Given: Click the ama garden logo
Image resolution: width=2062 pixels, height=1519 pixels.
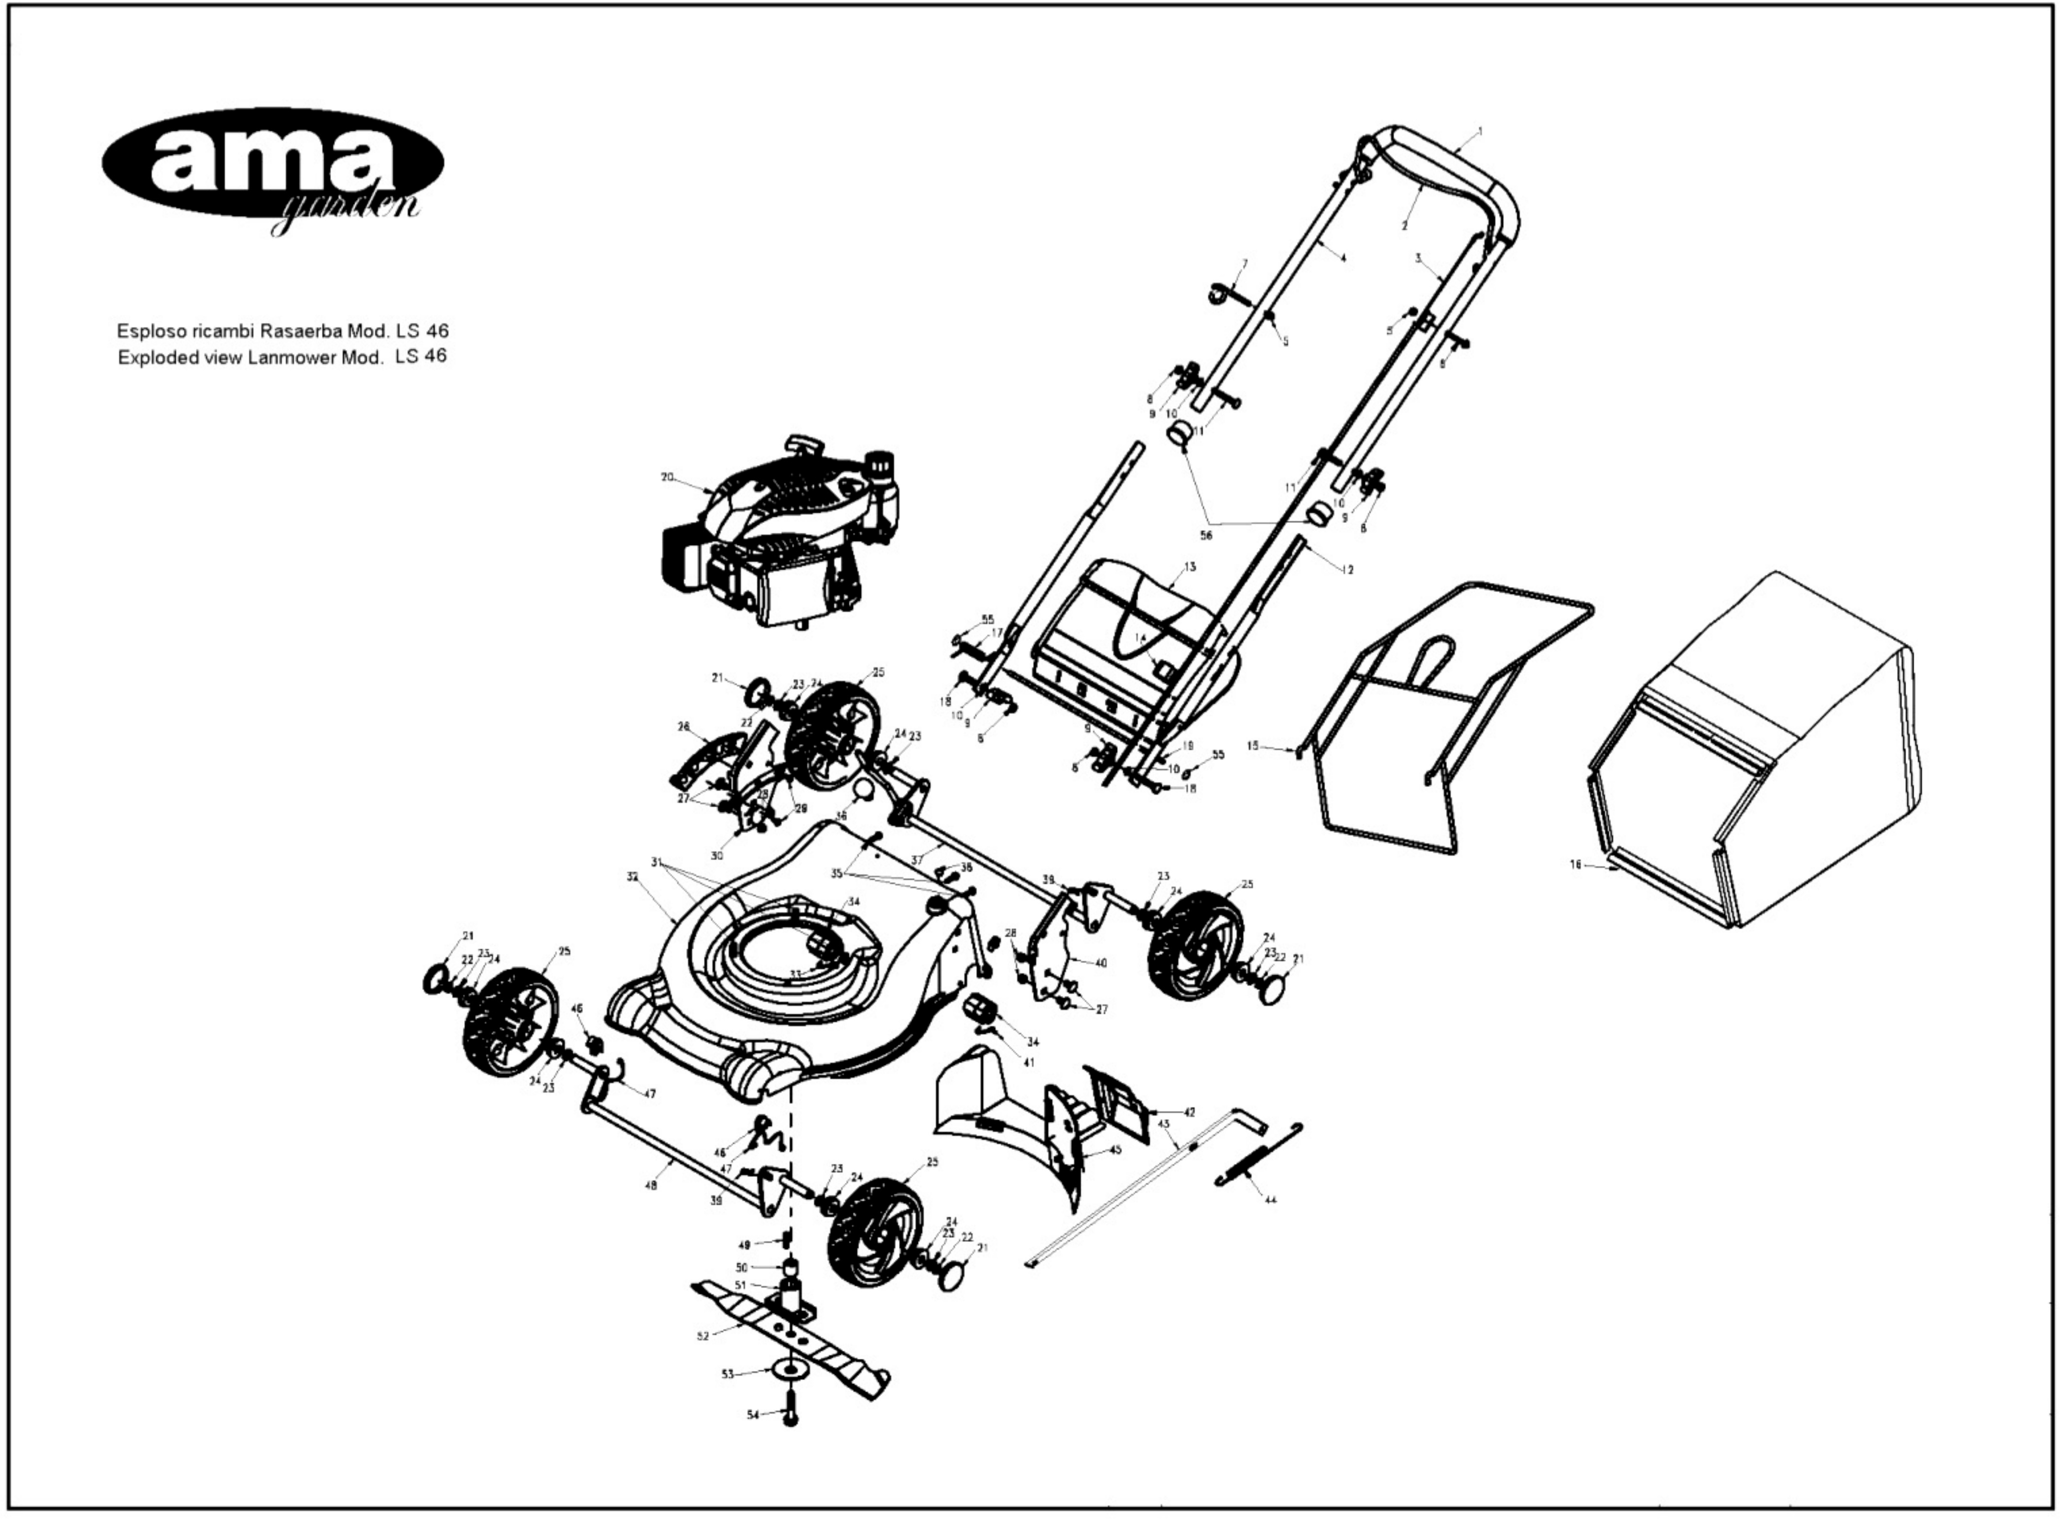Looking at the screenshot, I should click(x=272, y=165).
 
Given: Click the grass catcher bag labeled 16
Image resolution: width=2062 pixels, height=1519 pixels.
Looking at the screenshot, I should click(x=1757, y=763).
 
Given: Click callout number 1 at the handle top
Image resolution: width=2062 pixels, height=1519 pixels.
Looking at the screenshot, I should click(x=1480, y=131).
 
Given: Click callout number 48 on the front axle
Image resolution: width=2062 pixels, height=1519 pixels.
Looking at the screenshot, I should click(x=651, y=1186).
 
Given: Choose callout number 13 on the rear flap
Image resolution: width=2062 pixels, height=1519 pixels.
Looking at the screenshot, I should click(x=1190, y=567).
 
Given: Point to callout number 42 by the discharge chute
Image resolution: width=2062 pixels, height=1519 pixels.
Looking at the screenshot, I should click(x=1189, y=1112).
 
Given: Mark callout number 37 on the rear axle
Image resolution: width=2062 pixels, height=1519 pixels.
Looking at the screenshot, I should click(x=917, y=860).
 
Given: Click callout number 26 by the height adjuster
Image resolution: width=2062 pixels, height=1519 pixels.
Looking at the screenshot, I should click(x=683, y=726).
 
